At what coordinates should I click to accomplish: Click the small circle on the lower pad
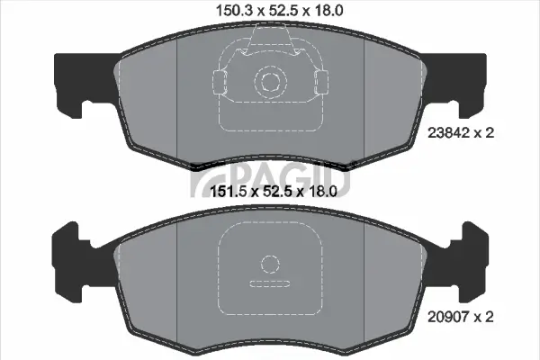(x=269, y=264)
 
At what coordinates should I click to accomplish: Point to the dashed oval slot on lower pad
(x=269, y=284)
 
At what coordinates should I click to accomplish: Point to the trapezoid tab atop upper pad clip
(x=269, y=38)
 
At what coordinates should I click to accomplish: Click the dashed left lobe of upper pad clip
(x=220, y=84)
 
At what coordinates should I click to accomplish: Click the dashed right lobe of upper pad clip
(x=318, y=84)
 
